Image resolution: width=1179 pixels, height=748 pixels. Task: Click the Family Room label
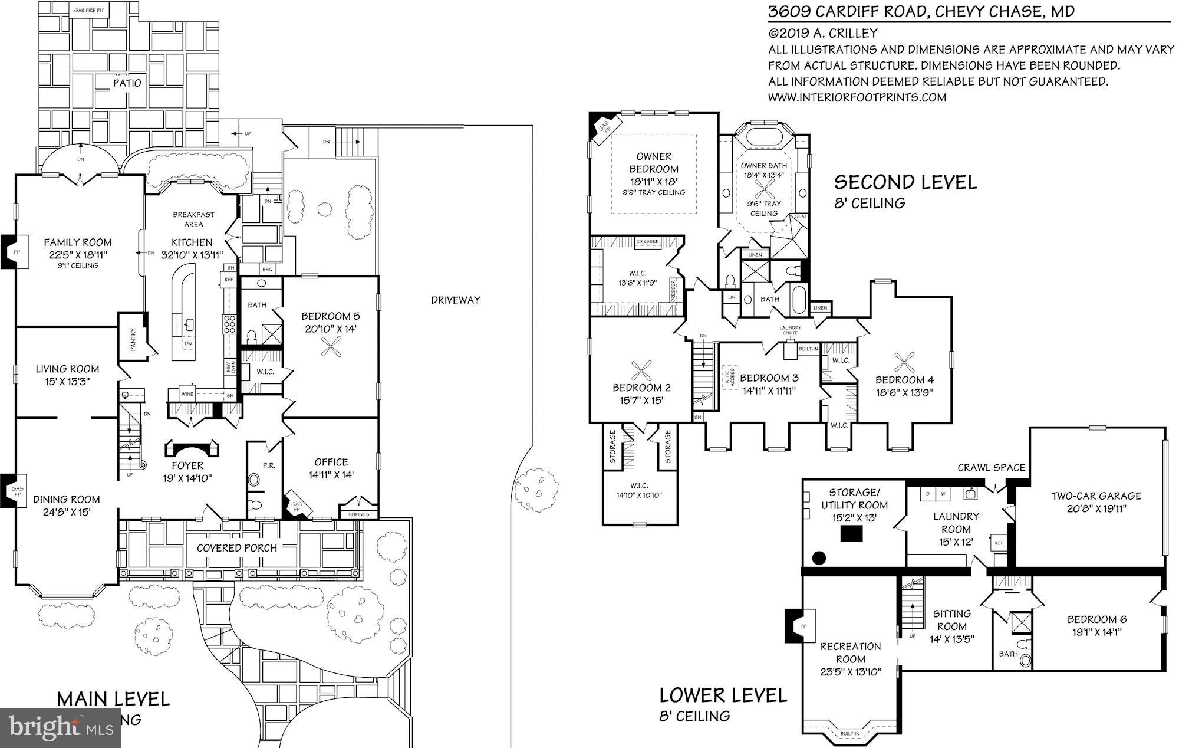click(77, 242)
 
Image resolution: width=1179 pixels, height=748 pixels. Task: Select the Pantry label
click(133, 340)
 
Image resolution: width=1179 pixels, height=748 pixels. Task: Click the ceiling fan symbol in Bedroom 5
click(330, 349)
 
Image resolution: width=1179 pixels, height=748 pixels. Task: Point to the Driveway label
click(455, 300)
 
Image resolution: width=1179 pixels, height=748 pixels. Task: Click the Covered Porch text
click(237, 548)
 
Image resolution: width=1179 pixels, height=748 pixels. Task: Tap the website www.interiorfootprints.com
click(857, 97)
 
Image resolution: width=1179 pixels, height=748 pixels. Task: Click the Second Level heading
click(905, 182)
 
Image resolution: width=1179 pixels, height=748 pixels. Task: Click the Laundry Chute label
click(790, 330)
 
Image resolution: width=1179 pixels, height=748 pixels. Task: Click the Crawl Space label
click(991, 467)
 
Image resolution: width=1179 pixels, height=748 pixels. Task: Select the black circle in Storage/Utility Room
click(818, 557)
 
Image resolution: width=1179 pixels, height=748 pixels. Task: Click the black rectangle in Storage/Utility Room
click(851, 534)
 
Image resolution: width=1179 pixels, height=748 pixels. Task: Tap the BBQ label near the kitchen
click(268, 269)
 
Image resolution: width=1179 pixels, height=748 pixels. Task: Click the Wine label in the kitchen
click(187, 393)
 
